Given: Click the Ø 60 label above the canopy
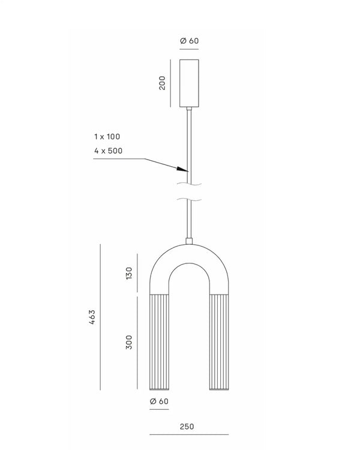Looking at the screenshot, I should tap(188, 41).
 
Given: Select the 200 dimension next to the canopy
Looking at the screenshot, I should tap(162, 83).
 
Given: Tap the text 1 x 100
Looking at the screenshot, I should tap(107, 137).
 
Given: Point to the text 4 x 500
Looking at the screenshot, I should tap(108, 151).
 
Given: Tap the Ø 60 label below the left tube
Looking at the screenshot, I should tap(158, 401).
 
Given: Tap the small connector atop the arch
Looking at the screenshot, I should tap(189, 241).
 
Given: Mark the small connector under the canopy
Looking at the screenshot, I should tap(189, 108).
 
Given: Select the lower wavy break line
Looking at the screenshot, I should tap(189, 199).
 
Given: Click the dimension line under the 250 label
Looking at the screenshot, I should tap(188, 434).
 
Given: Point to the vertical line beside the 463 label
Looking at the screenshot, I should tap(101, 317).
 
